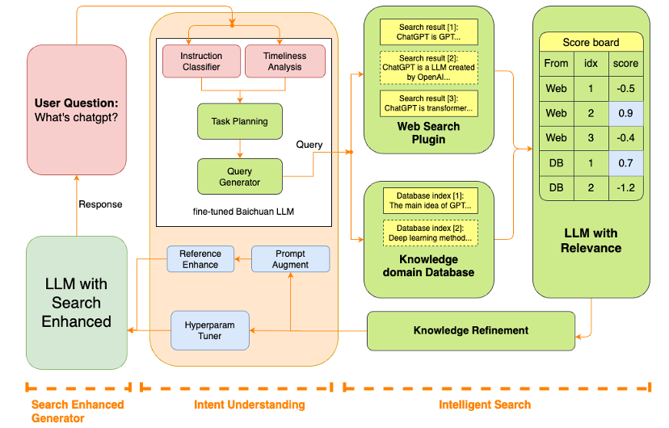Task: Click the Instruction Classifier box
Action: tap(201, 61)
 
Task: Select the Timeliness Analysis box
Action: tap(284, 61)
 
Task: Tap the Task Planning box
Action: tap(240, 121)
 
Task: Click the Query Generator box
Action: tap(240, 176)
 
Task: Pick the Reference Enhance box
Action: tap(200, 259)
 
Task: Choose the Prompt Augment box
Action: tap(290, 259)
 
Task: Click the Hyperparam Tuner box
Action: tap(210, 330)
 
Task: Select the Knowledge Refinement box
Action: tap(471, 330)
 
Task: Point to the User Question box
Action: tap(77, 111)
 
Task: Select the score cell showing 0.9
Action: tap(625, 113)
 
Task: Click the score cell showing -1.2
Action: tap(625, 187)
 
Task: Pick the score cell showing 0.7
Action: tap(625, 162)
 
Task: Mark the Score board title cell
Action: tap(591, 42)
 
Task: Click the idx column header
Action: tap(591, 63)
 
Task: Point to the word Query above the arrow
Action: tap(309, 145)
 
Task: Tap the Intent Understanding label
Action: tap(250, 404)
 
